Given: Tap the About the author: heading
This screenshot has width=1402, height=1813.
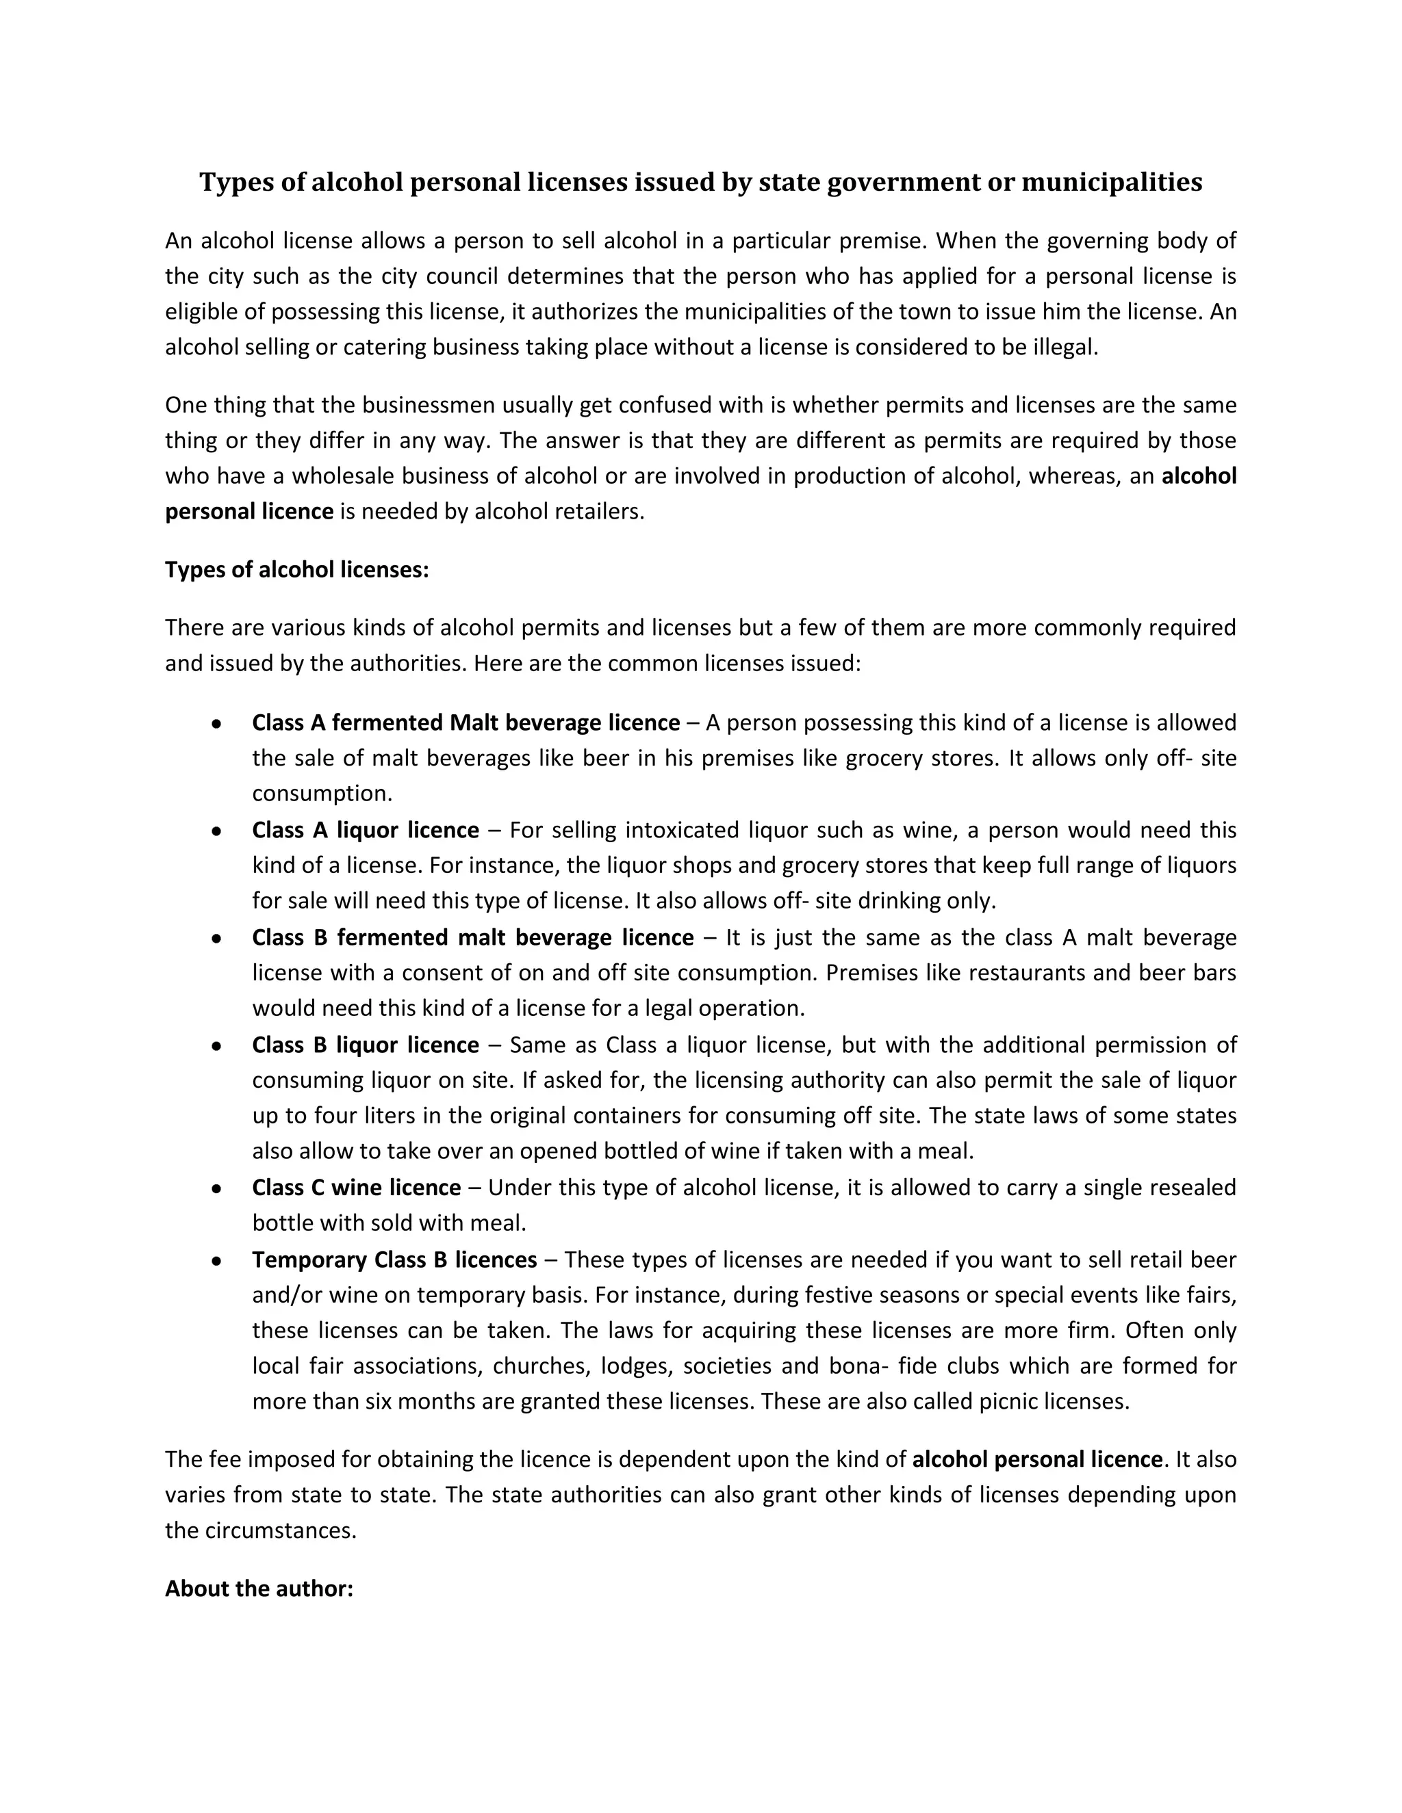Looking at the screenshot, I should (259, 1588).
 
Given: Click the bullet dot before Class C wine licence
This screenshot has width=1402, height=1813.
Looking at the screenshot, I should (216, 1189).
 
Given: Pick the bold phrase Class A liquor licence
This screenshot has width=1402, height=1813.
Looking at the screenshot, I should (366, 830).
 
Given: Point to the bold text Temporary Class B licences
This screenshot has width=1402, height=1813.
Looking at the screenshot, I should (394, 1260).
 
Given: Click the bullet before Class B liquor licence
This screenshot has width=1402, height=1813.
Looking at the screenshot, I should (216, 1046).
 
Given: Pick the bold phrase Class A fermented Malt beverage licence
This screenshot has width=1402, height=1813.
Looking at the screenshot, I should (466, 723).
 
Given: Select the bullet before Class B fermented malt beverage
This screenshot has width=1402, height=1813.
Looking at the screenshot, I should (216, 939).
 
